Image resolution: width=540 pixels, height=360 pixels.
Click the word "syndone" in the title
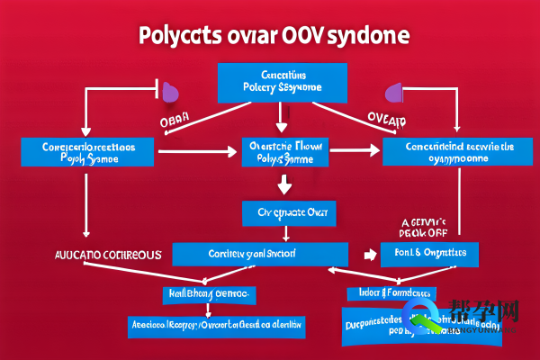click(364, 37)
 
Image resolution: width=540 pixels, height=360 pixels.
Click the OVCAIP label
click(386, 119)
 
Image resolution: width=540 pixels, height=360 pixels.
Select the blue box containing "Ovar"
click(289, 214)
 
